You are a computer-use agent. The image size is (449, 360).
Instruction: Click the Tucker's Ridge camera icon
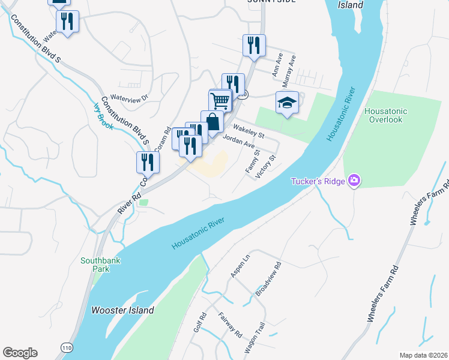(354, 181)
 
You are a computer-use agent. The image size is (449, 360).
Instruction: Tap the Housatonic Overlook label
(385, 116)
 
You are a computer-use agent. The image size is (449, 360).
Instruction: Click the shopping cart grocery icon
(221, 100)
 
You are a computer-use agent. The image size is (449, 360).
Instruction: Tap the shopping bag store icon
(212, 122)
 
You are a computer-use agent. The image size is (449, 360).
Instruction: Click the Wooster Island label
(122, 310)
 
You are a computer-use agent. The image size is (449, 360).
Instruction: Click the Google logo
(20, 353)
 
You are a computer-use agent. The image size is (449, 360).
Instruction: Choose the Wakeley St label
(249, 130)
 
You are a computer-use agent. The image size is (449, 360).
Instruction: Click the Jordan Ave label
(238, 142)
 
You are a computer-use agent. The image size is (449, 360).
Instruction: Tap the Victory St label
(265, 166)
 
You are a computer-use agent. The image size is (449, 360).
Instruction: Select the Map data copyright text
(423, 355)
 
